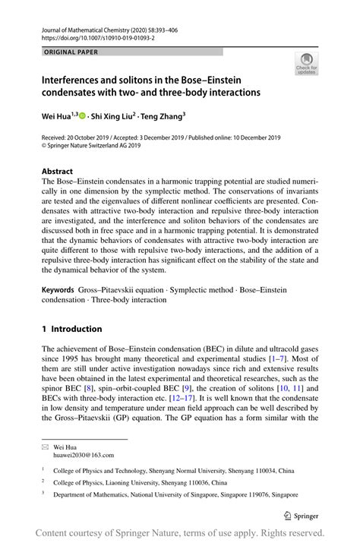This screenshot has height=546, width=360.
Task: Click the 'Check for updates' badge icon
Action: tap(308, 63)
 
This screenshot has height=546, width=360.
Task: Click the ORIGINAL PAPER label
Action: tap(70, 52)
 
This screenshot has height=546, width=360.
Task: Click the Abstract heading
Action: tap(58, 172)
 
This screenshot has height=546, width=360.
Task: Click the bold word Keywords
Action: tap(58, 290)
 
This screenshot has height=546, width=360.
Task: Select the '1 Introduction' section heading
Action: tap(71, 329)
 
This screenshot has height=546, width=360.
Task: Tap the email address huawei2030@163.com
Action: tap(83, 455)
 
